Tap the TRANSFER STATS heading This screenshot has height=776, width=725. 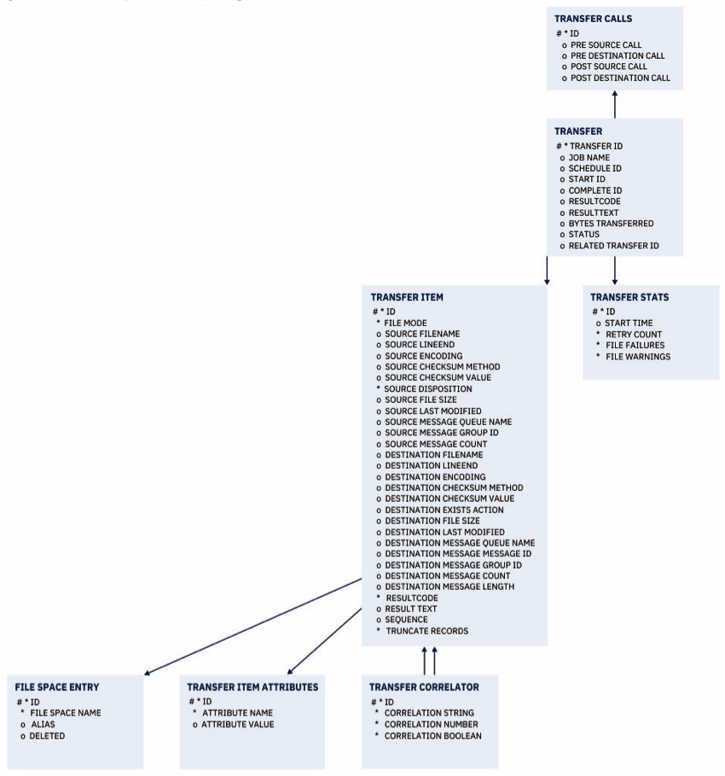pos(629,298)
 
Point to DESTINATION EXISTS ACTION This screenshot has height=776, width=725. pos(444,510)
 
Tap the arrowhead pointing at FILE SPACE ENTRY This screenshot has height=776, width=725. pos(148,674)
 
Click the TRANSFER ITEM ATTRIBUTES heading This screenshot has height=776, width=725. pos(252,686)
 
